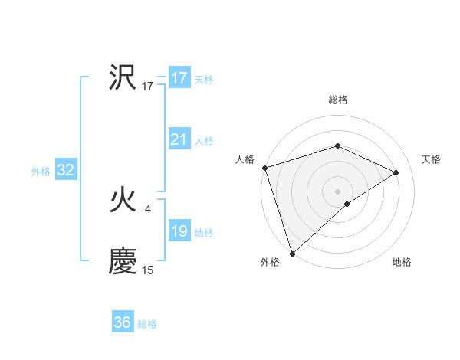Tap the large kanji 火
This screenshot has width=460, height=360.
click(123, 201)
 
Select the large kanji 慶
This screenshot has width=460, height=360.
click(123, 261)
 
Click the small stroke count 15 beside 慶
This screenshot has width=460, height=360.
click(148, 270)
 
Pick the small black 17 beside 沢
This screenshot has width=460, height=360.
click(148, 87)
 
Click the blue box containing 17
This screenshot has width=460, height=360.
click(179, 78)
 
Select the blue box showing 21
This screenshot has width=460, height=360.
click(179, 139)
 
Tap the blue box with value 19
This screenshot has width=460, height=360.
click(179, 231)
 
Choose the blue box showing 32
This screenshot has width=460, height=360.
click(65, 170)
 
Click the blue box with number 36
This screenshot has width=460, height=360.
click(122, 322)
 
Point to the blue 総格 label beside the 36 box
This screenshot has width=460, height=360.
click(147, 324)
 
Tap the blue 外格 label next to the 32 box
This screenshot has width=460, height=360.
click(41, 172)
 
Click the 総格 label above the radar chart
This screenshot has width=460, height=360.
click(337, 100)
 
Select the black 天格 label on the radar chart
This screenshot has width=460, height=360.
click(432, 159)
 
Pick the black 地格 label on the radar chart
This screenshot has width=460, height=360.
click(402, 262)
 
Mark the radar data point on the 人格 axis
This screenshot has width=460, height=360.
click(264, 168)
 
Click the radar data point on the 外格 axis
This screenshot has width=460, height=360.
click(292, 253)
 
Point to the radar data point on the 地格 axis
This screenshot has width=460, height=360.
click(347, 204)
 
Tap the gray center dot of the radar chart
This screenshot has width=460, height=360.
click(337, 191)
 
